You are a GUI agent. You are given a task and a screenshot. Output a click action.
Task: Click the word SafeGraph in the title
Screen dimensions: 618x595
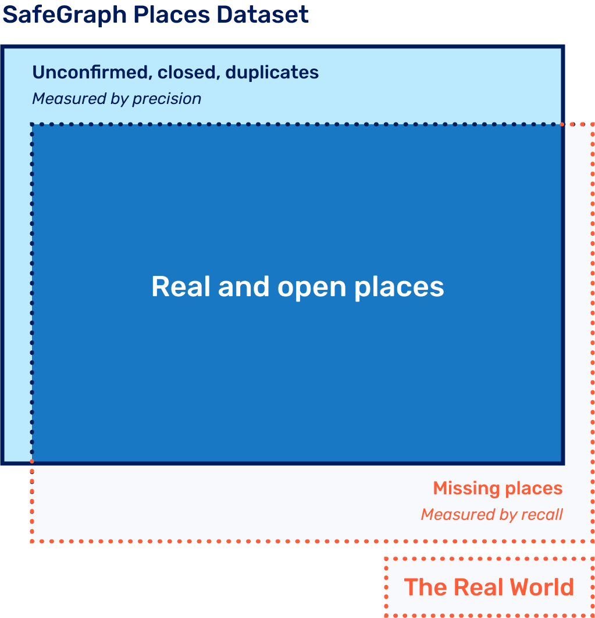(65, 15)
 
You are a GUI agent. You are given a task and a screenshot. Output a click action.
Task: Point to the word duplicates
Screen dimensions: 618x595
(272, 72)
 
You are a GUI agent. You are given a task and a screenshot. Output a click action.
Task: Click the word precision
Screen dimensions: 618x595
(166, 99)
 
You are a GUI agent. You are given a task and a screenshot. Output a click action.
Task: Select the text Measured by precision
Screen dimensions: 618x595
(116, 99)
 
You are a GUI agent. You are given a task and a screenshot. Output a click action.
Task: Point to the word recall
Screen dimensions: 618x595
(542, 515)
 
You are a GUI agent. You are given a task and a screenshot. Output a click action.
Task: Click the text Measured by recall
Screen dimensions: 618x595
(491, 515)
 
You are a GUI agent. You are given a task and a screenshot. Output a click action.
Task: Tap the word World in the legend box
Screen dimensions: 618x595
(540, 587)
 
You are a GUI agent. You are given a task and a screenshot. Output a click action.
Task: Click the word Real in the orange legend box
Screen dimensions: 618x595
(474, 587)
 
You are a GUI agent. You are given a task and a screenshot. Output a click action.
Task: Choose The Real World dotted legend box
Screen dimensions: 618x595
(489, 587)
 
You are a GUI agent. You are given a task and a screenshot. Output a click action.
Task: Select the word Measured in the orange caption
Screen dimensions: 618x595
(450, 515)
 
